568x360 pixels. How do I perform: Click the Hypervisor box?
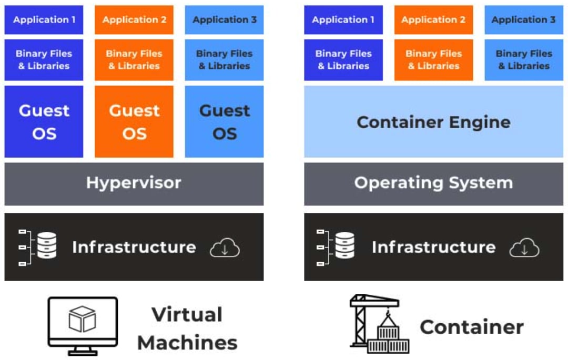click(134, 183)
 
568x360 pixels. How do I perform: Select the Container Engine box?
click(433, 122)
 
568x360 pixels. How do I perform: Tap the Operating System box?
click(433, 183)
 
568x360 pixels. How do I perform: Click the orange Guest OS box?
click(134, 121)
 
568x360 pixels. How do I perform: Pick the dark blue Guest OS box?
click(44, 121)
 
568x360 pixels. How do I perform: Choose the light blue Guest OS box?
click(225, 121)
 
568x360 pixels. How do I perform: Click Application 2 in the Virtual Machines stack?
click(134, 20)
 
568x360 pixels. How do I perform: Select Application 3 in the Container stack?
click(523, 20)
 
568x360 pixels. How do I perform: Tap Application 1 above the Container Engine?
click(343, 20)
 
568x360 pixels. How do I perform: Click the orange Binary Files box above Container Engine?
click(433, 59)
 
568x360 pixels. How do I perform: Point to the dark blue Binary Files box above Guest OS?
click(44, 59)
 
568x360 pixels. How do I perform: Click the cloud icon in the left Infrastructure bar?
click(225, 248)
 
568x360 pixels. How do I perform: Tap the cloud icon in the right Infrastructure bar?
click(524, 248)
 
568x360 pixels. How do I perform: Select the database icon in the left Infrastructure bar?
click(46, 245)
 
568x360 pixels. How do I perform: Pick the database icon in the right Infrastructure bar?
click(345, 245)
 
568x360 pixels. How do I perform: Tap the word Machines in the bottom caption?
click(187, 343)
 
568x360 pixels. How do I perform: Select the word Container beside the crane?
click(472, 327)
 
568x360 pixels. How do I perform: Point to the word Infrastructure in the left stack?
click(134, 247)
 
